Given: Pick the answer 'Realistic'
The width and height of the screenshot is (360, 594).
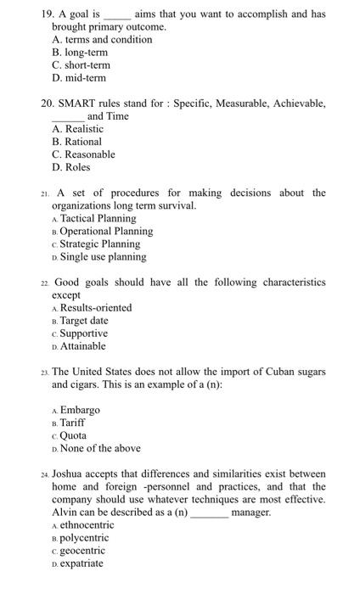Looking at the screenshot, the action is (x=82, y=129).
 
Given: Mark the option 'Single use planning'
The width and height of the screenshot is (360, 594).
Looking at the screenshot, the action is (x=103, y=256).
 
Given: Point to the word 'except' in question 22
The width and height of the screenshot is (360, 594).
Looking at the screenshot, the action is (x=66, y=294).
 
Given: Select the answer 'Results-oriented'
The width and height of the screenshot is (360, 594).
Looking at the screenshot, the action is (x=96, y=307).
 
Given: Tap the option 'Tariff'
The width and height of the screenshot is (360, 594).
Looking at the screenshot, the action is (x=73, y=423).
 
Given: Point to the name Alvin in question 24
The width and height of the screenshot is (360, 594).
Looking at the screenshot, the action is (x=66, y=512).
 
